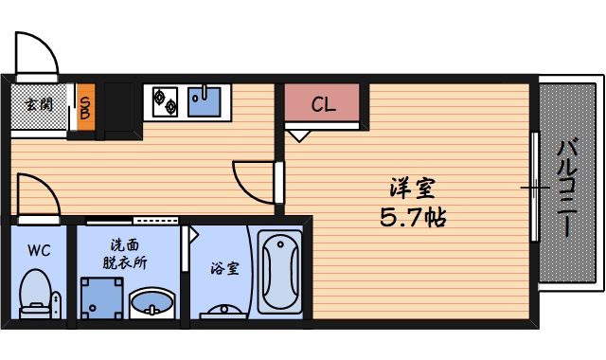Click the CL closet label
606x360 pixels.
[323, 104]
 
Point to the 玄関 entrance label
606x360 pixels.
[39, 105]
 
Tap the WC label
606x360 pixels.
[39, 251]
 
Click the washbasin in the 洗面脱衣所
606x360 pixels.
[151, 304]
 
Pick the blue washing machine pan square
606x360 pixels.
[101, 299]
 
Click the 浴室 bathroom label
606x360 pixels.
[224, 268]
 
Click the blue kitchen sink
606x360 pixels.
[205, 99]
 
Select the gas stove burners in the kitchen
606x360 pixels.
[166, 100]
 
